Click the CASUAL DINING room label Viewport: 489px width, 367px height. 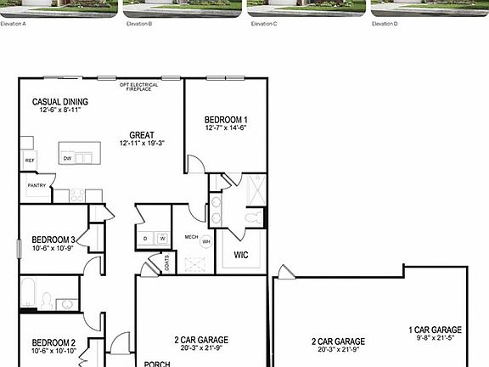point(60,102)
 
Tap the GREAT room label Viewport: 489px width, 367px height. point(142,135)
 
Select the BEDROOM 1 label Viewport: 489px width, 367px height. point(226,120)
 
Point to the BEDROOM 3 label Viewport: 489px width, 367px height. point(53,240)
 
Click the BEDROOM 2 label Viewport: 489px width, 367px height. point(53,342)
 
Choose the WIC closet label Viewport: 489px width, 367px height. point(240,254)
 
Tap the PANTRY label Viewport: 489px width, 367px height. point(37,185)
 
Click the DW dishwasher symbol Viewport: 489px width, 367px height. point(67,158)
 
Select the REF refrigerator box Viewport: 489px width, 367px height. point(29,160)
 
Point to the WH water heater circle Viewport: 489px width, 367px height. point(205,242)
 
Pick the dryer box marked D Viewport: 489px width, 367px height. point(145,239)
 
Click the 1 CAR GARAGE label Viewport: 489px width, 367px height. point(435,330)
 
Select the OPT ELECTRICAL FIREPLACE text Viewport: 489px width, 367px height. point(139,87)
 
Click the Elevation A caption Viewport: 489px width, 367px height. point(14,24)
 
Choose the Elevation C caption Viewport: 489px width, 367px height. point(264,24)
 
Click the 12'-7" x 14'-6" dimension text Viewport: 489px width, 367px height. point(226,128)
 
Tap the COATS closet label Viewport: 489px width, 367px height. point(166,263)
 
